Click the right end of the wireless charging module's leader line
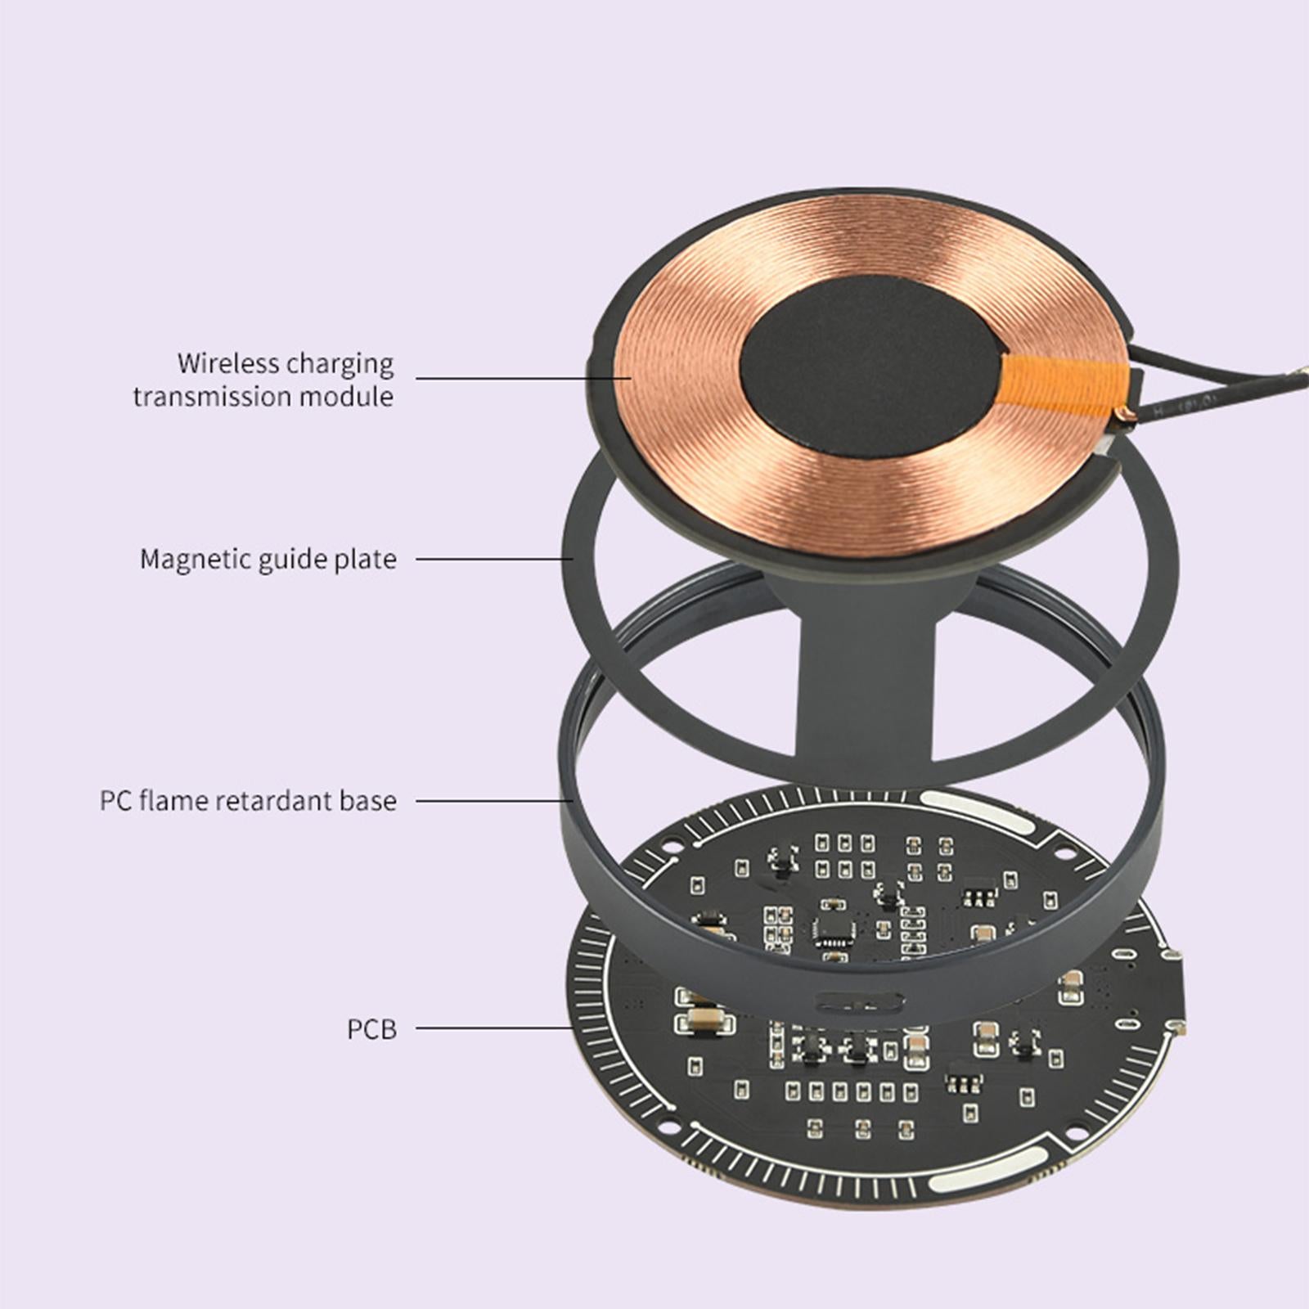[x=631, y=378]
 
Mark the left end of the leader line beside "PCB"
[x=416, y=1028]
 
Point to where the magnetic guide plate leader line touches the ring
[x=573, y=559]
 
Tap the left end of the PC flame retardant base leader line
[x=416, y=800]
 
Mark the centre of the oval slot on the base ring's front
[x=861, y=1001]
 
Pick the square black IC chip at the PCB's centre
[x=834, y=929]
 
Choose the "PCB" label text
[x=371, y=1029]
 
